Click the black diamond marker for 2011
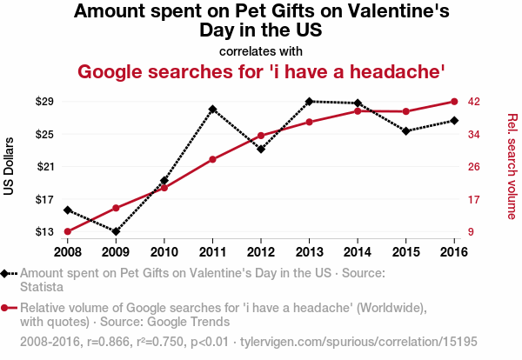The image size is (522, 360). [x=213, y=109]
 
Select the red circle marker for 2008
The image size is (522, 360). [x=68, y=231]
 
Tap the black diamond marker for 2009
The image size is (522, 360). [x=116, y=231]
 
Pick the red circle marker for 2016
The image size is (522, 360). [x=454, y=102]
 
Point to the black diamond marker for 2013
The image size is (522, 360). [x=310, y=101]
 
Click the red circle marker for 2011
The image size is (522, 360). [x=213, y=159]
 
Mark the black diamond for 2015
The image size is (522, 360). [x=406, y=130]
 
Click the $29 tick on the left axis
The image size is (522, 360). [x=44, y=102]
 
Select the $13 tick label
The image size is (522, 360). [x=44, y=232]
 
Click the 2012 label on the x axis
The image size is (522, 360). [x=261, y=251]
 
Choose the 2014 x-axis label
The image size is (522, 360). [x=358, y=251]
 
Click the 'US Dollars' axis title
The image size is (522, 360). [x=10, y=167]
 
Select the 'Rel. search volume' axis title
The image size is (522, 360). [x=512, y=167]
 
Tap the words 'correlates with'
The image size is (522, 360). [x=261, y=50]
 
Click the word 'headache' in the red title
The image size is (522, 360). [x=397, y=70]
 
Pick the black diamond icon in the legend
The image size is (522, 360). [x=6, y=273]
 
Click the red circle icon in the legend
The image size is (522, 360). [x=6, y=308]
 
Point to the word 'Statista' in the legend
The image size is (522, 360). [x=44, y=287]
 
